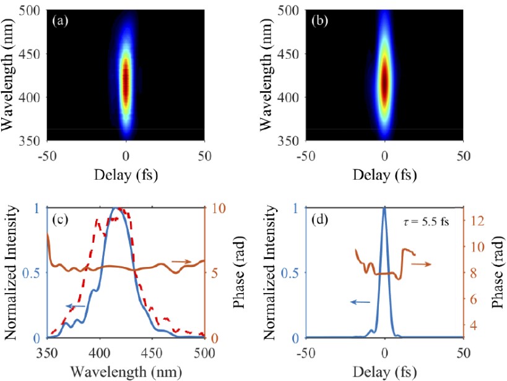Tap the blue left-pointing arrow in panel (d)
coord(360,302)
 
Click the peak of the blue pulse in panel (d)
coord(384,209)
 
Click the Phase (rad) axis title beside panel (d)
coord(497,273)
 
